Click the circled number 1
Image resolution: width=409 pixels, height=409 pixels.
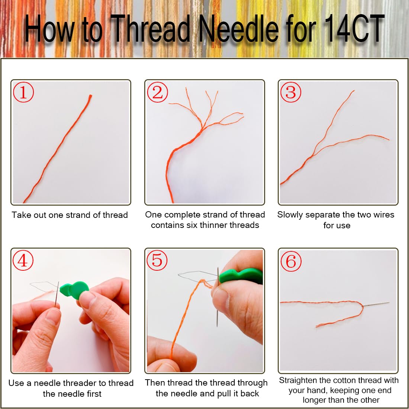point(23,92)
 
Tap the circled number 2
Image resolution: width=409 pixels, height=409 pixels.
point(157,92)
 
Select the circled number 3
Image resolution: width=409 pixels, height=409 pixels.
point(291,92)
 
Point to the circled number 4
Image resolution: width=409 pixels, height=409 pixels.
point(23,260)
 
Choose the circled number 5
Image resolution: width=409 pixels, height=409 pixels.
point(157,260)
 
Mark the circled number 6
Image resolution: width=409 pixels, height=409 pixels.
point(291,261)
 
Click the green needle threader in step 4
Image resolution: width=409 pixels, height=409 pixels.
point(74,290)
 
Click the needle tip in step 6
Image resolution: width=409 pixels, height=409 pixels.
point(389,303)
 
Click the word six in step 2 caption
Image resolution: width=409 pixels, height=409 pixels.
point(192,225)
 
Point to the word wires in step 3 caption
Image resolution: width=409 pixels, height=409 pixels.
point(381,215)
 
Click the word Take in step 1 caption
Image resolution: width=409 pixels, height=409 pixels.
point(20,215)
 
